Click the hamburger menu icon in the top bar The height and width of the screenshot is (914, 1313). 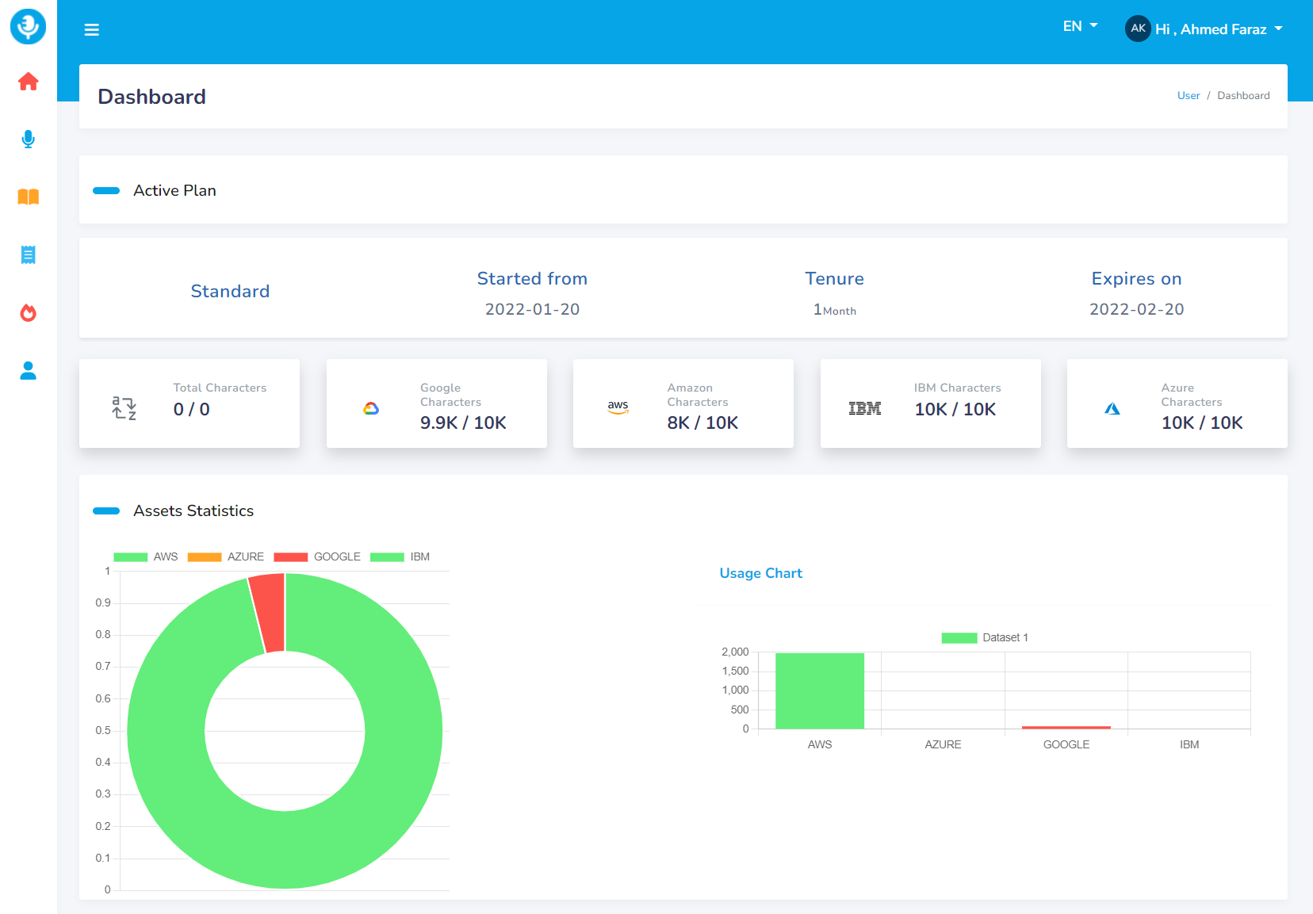point(92,30)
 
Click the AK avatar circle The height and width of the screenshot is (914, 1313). point(1138,29)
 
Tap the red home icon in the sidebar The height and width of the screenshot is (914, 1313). point(29,82)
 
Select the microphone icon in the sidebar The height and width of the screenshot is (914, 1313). point(29,140)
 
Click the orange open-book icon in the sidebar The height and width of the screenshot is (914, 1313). point(29,197)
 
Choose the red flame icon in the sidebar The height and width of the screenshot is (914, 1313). point(29,313)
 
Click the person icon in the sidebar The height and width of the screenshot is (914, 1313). point(29,371)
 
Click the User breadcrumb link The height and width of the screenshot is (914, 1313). point(1188,96)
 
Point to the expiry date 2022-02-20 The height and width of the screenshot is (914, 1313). point(1136,309)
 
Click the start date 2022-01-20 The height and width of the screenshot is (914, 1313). point(532,309)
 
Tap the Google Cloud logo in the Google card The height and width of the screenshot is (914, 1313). point(371,408)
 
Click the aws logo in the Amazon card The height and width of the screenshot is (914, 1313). point(618,407)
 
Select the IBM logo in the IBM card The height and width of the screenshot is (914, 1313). point(864,408)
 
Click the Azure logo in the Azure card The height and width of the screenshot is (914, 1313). point(1112,409)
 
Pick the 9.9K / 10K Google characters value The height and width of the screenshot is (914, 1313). point(463,423)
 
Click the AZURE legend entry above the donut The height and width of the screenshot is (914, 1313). point(226,556)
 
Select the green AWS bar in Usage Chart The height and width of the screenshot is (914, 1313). point(820,690)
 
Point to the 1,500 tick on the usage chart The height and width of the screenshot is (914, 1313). point(735,671)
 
